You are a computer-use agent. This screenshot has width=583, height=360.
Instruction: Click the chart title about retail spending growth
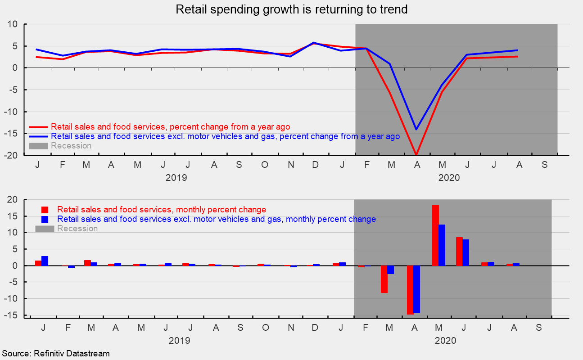291,9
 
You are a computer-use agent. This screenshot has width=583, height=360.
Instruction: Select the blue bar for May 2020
442,245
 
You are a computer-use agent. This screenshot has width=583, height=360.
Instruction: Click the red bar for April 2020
410,290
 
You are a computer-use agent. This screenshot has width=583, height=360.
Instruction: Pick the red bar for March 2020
384,279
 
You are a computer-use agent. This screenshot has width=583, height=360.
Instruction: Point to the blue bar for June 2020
465,252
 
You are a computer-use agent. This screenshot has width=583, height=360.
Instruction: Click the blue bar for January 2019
45,261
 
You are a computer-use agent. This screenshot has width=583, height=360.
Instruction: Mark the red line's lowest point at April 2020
416,154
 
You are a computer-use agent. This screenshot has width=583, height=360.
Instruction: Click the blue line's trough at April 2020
416,130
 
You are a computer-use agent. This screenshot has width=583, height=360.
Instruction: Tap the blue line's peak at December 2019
314,43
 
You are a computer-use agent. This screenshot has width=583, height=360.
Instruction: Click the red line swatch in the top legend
38,127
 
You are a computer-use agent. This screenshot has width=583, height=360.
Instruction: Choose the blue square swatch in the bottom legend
45,219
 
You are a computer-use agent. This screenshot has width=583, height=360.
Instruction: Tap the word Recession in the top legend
71,146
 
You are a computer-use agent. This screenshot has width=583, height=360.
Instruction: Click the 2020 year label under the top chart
449,178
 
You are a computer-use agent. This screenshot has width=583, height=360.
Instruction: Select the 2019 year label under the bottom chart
179,341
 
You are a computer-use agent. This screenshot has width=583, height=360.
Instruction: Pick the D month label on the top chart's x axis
316,165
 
